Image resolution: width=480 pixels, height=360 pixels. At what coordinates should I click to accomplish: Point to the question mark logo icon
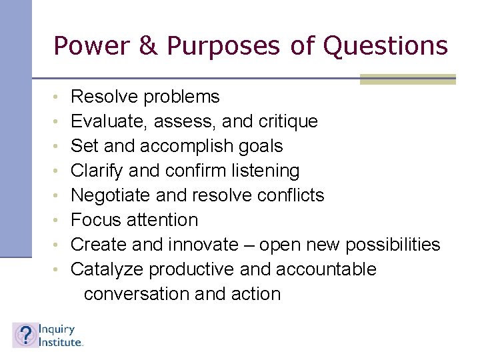coord(24,335)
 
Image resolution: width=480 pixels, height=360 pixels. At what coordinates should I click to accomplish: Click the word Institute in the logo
coord(61,341)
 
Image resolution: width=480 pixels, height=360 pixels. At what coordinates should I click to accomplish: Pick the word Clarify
coord(97,171)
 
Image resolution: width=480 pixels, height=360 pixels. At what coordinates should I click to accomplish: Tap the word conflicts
coord(291,195)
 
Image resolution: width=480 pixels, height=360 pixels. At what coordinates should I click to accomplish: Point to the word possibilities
coord(393,245)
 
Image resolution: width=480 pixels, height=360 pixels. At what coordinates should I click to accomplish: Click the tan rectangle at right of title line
coord(407,79)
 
